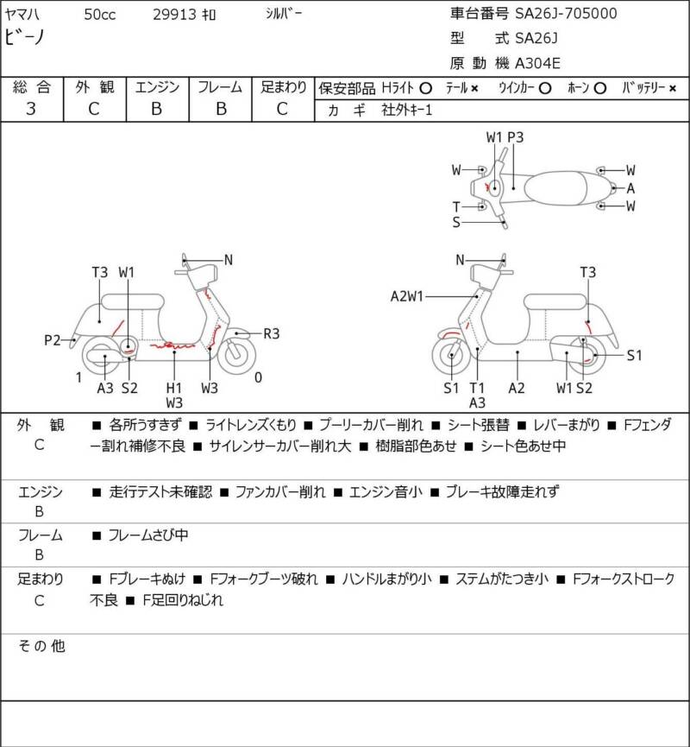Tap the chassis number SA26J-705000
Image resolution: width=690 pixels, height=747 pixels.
point(566,14)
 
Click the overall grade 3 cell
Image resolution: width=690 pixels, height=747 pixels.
point(31,108)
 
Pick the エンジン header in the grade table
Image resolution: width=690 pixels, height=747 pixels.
point(156,86)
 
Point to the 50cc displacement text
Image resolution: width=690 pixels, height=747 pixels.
point(102,15)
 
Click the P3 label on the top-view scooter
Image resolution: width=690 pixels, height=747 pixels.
point(516,137)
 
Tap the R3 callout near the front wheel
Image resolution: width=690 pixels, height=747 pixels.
point(272,332)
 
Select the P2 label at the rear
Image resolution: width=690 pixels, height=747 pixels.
point(53,340)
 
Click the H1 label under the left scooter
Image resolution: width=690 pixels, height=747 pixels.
point(174,388)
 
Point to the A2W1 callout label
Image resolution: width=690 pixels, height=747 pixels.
point(406,296)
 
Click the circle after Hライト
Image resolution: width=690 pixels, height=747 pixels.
point(424,88)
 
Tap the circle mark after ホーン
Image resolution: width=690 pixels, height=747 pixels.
point(600,88)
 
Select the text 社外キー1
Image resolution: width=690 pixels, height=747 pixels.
point(407,111)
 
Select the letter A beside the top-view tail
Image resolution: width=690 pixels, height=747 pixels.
point(630,188)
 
